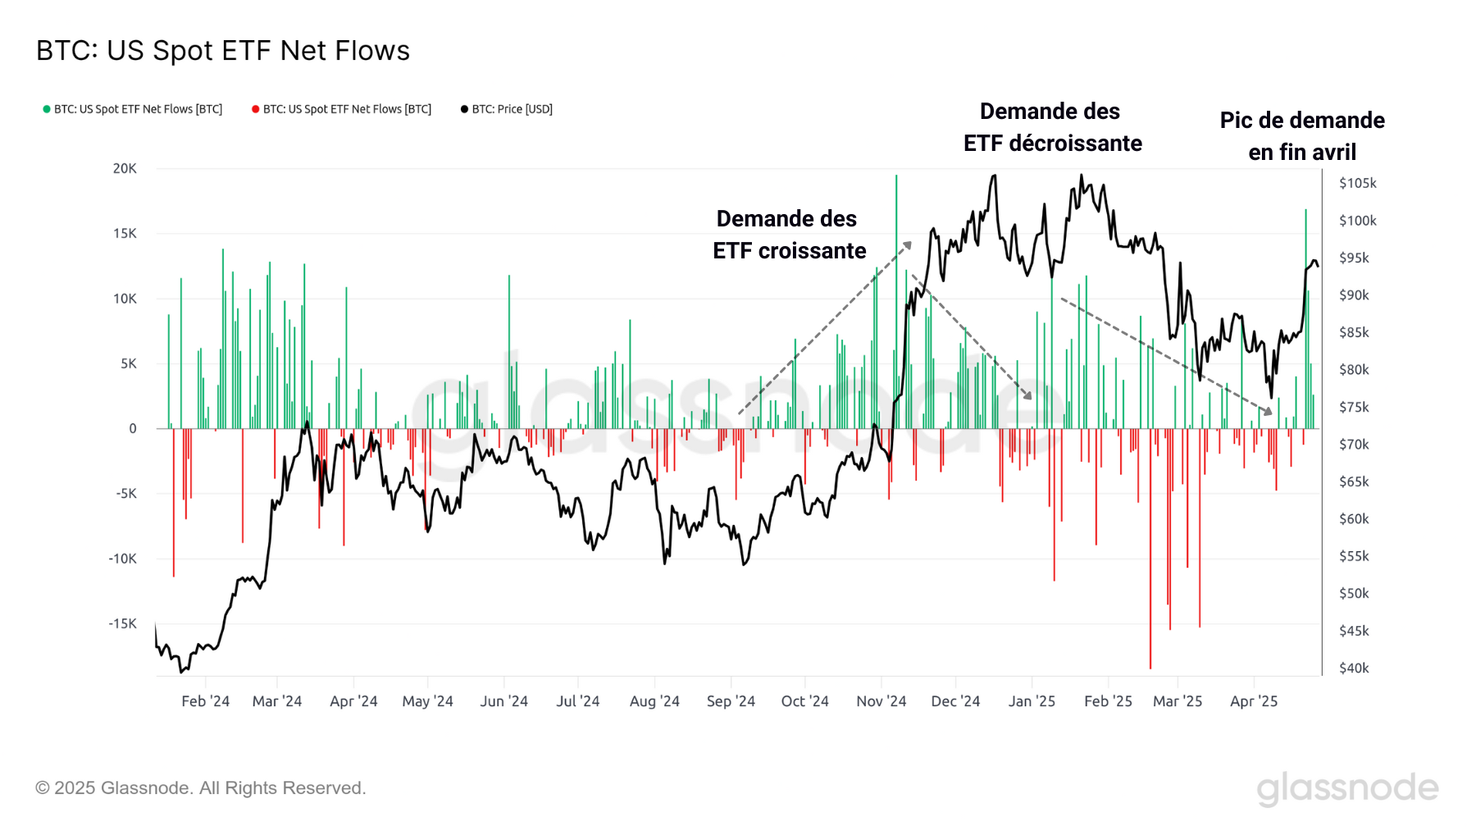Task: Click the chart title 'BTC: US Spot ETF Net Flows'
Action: [x=223, y=51]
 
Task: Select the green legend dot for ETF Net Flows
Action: [x=47, y=109]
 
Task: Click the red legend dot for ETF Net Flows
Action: [x=256, y=109]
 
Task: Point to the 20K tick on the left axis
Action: [x=125, y=168]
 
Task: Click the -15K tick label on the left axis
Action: [x=123, y=623]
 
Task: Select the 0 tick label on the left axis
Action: [x=133, y=428]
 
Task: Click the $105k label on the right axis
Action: [x=1357, y=183]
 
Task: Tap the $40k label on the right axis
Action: [x=1354, y=668]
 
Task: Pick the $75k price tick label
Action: [x=1354, y=407]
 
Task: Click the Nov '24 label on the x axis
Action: [x=881, y=701]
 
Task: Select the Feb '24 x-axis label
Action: [x=205, y=701]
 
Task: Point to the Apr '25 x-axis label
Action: [x=1253, y=701]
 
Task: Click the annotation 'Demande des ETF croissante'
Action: [x=788, y=235]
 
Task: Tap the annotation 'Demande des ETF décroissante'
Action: [x=1052, y=127]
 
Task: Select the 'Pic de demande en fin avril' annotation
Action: [x=1302, y=136]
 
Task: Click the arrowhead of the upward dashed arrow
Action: [x=908, y=244]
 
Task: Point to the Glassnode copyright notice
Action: [x=200, y=788]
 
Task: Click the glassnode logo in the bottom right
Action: [x=1347, y=788]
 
